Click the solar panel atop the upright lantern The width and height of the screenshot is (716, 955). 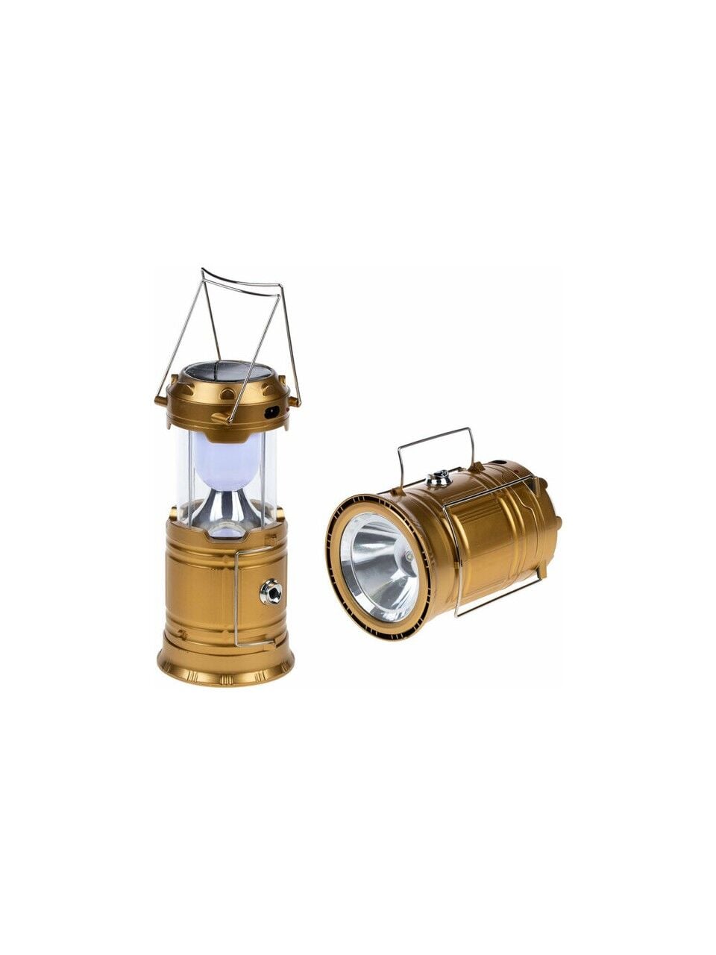227,372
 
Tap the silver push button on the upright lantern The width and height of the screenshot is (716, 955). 271,592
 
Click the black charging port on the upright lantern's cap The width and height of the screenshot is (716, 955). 273,411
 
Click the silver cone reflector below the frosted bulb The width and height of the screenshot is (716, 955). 226,507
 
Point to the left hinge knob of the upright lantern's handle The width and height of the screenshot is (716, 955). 160,401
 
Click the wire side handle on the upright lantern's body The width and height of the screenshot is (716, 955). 236,597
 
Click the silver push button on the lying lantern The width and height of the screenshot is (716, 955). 439,475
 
